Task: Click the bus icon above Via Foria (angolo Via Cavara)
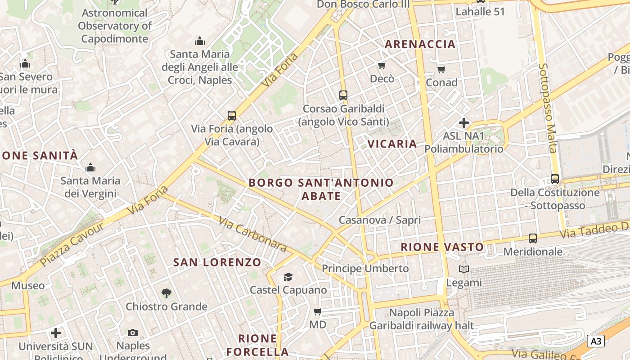click(232, 116)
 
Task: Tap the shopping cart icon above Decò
click(382, 66)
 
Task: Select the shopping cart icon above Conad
click(441, 69)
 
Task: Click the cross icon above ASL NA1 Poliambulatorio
click(464, 122)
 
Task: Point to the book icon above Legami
click(464, 270)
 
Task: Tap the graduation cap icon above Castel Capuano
click(288, 277)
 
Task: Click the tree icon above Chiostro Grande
click(166, 293)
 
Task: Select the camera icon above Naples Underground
click(133, 333)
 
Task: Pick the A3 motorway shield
click(595, 341)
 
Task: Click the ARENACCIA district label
click(420, 44)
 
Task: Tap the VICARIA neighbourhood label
click(392, 144)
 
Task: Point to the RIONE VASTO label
click(442, 247)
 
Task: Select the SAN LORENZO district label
click(217, 262)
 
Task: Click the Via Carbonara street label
click(252, 234)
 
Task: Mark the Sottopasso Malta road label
click(549, 108)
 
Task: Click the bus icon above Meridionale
click(533, 238)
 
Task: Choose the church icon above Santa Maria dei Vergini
click(90, 168)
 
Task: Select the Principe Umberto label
click(365, 269)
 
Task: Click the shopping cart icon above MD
click(318, 311)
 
